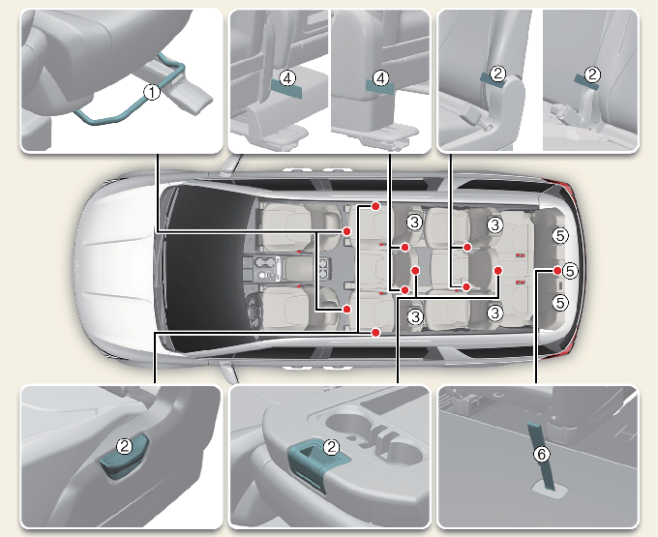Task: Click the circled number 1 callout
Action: point(152,92)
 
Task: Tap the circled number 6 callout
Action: point(541,454)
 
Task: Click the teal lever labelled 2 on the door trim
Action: point(124,458)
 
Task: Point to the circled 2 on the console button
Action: point(331,447)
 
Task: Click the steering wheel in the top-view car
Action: point(254,310)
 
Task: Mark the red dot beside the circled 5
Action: point(556,271)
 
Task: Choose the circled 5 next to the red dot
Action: point(570,271)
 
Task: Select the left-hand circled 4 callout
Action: point(287,78)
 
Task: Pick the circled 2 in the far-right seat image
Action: point(592,75)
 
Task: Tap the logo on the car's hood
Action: point(77,269)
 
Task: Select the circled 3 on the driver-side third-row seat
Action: point(495,313)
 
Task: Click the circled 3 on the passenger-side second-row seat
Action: point(414,222)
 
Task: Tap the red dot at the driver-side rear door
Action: point(375,333)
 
